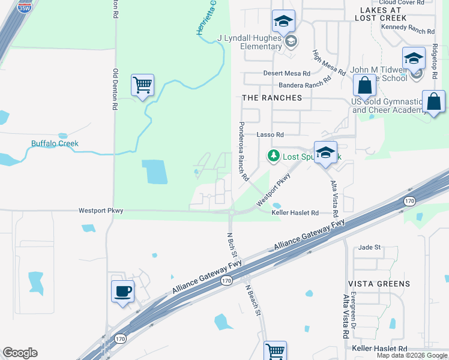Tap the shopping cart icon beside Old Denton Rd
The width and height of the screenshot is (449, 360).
(x=143, y=85)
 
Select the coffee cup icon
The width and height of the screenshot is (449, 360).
(x=122, y=292)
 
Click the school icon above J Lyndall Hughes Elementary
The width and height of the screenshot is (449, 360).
(x=283, y=22)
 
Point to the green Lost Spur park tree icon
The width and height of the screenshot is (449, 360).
(x=274, y=156)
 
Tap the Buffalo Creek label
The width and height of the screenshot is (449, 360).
(x=55, y=144)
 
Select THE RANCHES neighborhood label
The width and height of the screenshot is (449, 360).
(x=272, y=98)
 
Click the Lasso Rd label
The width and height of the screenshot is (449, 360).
(x=270, y=135)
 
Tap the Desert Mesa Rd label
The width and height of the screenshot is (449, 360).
(x=286, y=73)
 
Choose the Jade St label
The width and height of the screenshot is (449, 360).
(x=369, y=247)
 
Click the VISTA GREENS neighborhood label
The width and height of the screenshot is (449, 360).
(x=379, y=284)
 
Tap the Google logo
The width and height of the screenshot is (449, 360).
(x=20, y=353)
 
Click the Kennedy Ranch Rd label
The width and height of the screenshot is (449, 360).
(x=411, y=28)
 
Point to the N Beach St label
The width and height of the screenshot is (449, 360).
(x=254, y=300)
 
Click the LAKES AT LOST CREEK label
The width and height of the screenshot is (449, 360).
(x=381, y=14)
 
